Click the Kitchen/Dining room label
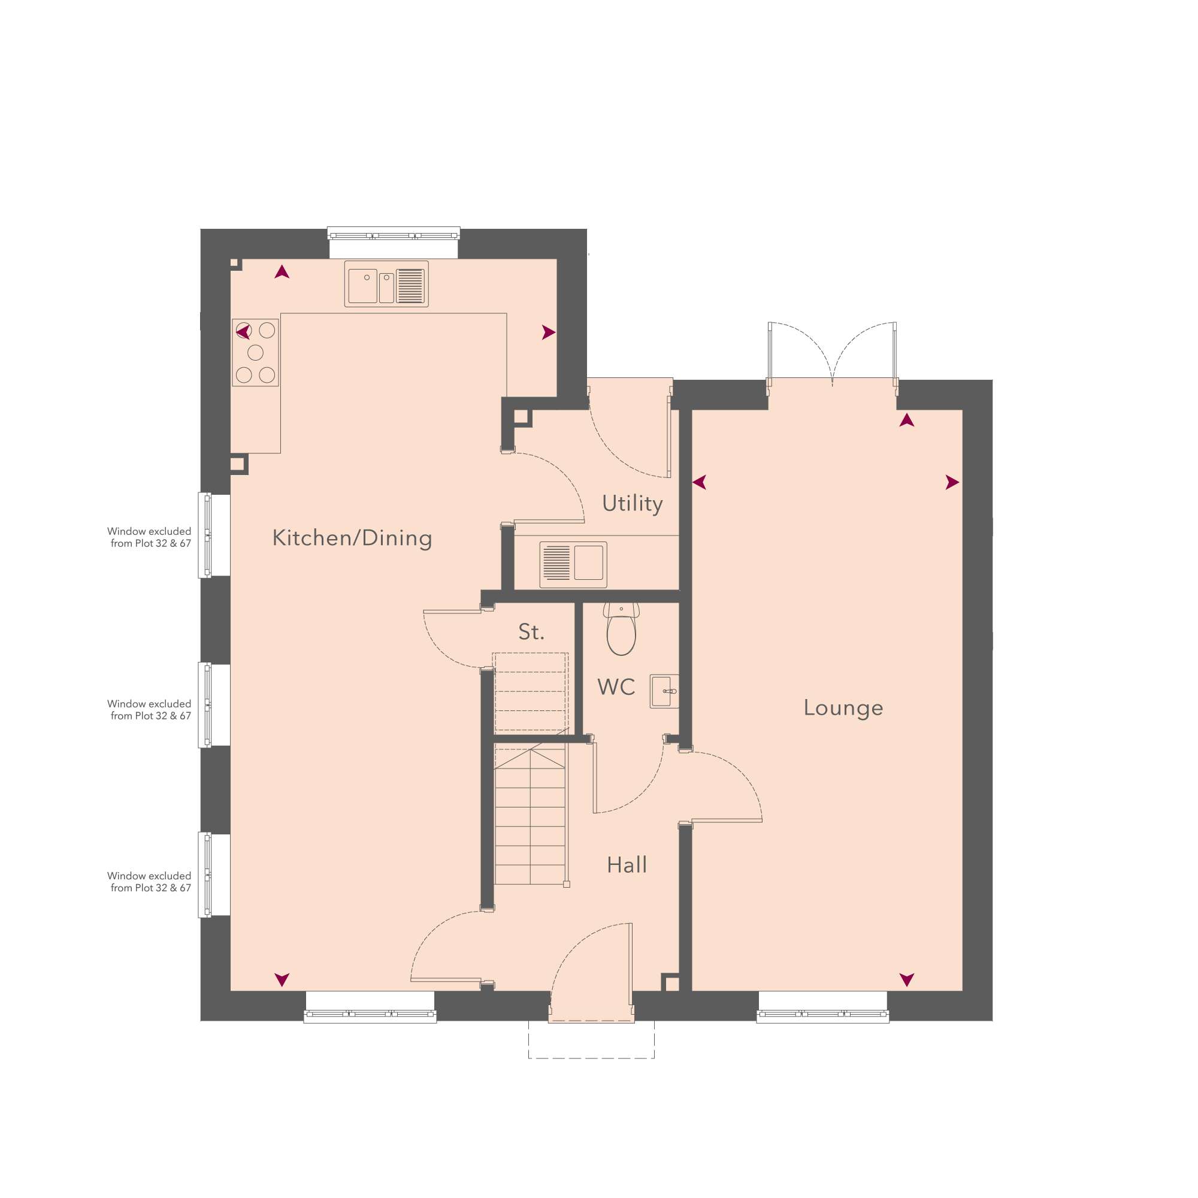tap(352, 539)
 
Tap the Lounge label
tap(843, 707)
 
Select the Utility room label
tap(633, 504)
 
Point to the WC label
tap(616, 687)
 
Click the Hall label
tap(627, 865)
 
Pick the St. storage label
tap(531, 633)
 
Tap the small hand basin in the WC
tap(665, 691)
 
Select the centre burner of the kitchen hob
tap(256, 353)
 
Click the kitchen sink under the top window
tap(386, 285)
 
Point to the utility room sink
tap(573, 564)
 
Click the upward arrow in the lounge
tap(906, 420)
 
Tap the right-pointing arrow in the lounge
tap(952, 482)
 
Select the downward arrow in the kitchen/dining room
tap(282, 980)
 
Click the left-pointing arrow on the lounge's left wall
tap(700, 482)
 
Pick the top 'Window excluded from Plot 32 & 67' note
tap(149, 537)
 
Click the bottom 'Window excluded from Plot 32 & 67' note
tap(149, 882)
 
